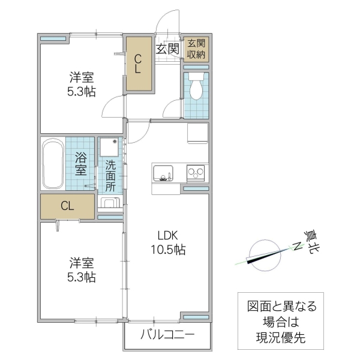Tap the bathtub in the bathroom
[53, 163]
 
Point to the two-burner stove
[196, 173]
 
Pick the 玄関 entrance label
[168, 49]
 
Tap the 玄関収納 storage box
[196, 49]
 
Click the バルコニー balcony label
[168, 335]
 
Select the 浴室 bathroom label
[81, 164]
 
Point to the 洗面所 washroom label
[111, 175]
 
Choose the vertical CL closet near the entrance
[138, 64]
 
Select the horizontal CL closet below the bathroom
[67, 206]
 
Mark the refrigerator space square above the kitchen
[197, 133]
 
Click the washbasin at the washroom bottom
[109, 202]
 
